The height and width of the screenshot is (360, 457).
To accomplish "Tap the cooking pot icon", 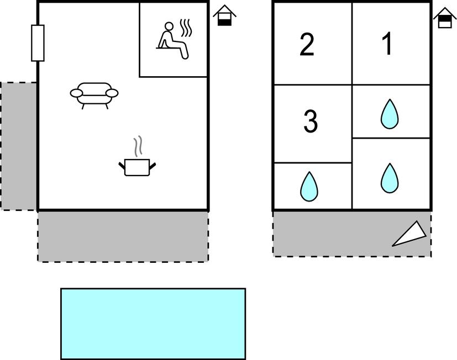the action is (x=137, y=167).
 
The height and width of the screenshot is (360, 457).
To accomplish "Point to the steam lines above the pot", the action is (x=138, y=146).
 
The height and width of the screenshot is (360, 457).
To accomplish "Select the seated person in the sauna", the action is (x=172, y=41).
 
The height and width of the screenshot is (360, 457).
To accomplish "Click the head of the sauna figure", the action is (x=169, y=26).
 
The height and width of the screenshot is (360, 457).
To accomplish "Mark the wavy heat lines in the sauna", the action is (x=185, y=28).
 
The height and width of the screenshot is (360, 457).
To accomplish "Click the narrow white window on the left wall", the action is (x=38, y=43).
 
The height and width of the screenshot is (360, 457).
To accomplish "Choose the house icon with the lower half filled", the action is (x=224, y=15).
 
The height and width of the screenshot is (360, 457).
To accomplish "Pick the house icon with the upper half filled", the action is (x=445, y=18).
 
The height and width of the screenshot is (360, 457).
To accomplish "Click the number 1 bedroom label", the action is (x=387, y=44).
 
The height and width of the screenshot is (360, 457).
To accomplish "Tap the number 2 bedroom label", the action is (x=307, y=45).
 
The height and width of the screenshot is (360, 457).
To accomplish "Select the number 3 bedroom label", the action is (x=311, y=121).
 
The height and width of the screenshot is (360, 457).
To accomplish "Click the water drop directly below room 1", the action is (x=390, y=114).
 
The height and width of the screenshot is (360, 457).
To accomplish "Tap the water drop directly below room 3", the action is (x=309, y=187).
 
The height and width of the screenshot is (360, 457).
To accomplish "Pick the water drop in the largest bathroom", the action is (x=390, y=178).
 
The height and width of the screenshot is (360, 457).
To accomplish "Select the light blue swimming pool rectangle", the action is (x=153, y=324).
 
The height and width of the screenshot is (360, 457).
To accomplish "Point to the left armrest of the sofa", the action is (x=76, y=93).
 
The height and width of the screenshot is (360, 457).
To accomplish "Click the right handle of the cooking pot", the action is (x=153, y=166).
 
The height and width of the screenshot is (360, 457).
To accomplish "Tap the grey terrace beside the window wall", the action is (x=19, y=146).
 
